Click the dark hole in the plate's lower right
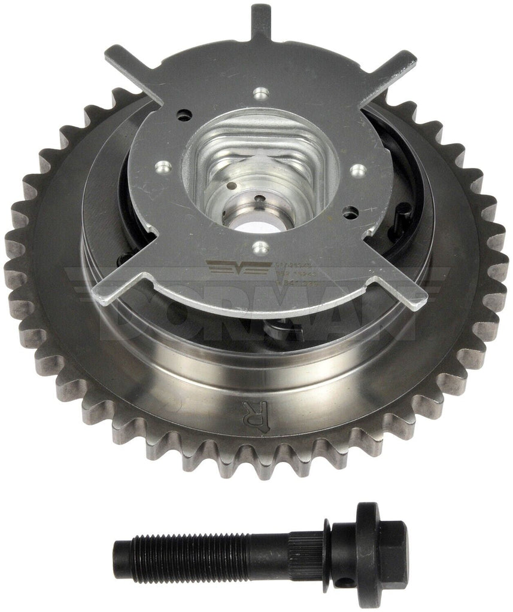[x=349, y=210]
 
